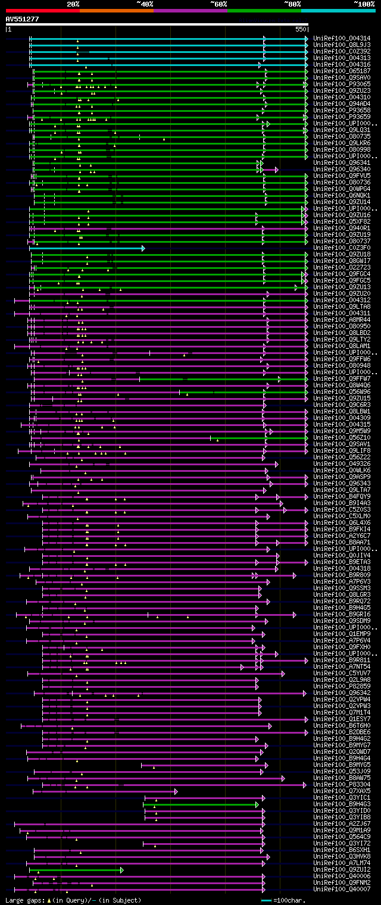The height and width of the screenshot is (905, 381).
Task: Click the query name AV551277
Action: click(22, 19)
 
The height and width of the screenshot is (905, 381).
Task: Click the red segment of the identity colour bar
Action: click(42, 10)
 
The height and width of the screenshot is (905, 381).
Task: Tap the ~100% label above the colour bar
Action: click(364, 4)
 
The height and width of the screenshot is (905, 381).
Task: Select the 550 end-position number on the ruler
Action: click(301, 29)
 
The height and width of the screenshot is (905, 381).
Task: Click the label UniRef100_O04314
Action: click(342, 38)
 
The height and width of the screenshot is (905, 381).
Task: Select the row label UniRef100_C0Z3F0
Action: click(342, 248)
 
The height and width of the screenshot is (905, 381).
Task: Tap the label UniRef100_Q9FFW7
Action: click(342, 378)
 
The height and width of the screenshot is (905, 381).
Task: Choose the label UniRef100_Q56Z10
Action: click(342, 437)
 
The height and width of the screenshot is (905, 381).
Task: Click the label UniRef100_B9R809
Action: click(342, 575)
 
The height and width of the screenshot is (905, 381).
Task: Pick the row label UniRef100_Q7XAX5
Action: click(342, 791)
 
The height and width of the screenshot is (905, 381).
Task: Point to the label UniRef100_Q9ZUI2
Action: click(342, 869)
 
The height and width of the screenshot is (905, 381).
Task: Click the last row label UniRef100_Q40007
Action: click(342, 889)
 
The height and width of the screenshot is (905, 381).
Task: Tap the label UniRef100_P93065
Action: click(342, 84)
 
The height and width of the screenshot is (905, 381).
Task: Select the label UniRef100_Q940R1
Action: click(342, 228)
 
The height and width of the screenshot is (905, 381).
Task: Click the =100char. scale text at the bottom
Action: click(290, 900)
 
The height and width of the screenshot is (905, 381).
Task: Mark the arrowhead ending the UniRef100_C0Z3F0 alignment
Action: click(143, 248)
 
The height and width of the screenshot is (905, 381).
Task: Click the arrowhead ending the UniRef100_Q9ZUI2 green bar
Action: click(121, 869)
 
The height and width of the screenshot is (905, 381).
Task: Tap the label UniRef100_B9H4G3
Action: click(342, 804)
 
